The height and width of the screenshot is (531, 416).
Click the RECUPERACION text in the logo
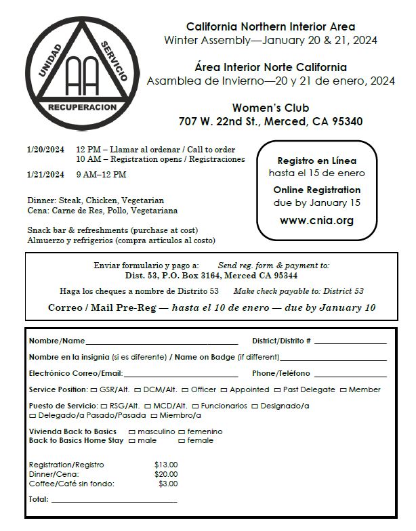[x=82, y=108]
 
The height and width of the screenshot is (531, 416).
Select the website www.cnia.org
[x=316, y=220]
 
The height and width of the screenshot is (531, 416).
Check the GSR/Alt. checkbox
[x=93, y=390]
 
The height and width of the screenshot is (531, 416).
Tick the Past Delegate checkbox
[x=278, y=390]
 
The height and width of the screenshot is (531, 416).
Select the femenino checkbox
[x=182, y=431]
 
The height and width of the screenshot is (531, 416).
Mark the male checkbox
[x=131, y=441]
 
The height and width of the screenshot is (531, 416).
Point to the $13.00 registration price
[x=166, y=465]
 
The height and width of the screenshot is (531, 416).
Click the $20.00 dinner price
[x=166, y=474]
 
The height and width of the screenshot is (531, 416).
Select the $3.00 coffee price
[x=168, y=484]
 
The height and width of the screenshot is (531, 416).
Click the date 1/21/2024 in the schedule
[x=46, y=175]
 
